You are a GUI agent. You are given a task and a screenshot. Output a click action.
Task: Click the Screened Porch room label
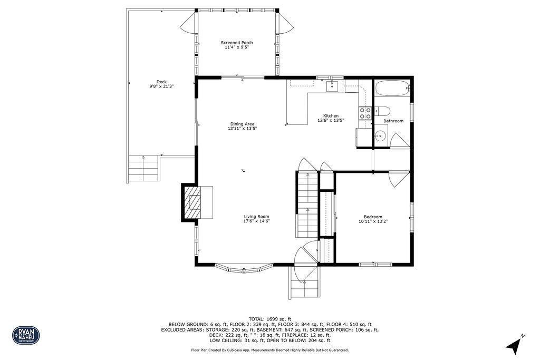(x=236, y=43)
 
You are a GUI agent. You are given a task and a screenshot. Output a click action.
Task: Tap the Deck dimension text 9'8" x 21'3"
(x=161, y=86)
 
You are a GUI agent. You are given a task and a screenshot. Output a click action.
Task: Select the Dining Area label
(x=242, y=124)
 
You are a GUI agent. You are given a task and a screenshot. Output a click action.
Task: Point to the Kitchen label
(x=331, y=116)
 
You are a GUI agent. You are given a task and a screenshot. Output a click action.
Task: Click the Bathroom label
(x=393, y=121)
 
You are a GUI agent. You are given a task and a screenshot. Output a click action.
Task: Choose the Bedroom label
(x=373, y=217)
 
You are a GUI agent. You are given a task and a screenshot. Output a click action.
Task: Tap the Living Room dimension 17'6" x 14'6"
(x=257, y=221)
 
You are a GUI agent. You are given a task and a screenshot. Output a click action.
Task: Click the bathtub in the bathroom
(x=392, y=88)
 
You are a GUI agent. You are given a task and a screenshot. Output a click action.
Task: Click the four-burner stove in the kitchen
(x=365, y=112)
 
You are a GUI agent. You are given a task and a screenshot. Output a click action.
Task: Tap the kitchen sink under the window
(x=332, y=86)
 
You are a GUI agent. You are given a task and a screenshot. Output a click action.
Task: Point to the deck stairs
(x=143, y=168)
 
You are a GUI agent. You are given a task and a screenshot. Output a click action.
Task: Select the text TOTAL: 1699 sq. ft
(x=270, y=319)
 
